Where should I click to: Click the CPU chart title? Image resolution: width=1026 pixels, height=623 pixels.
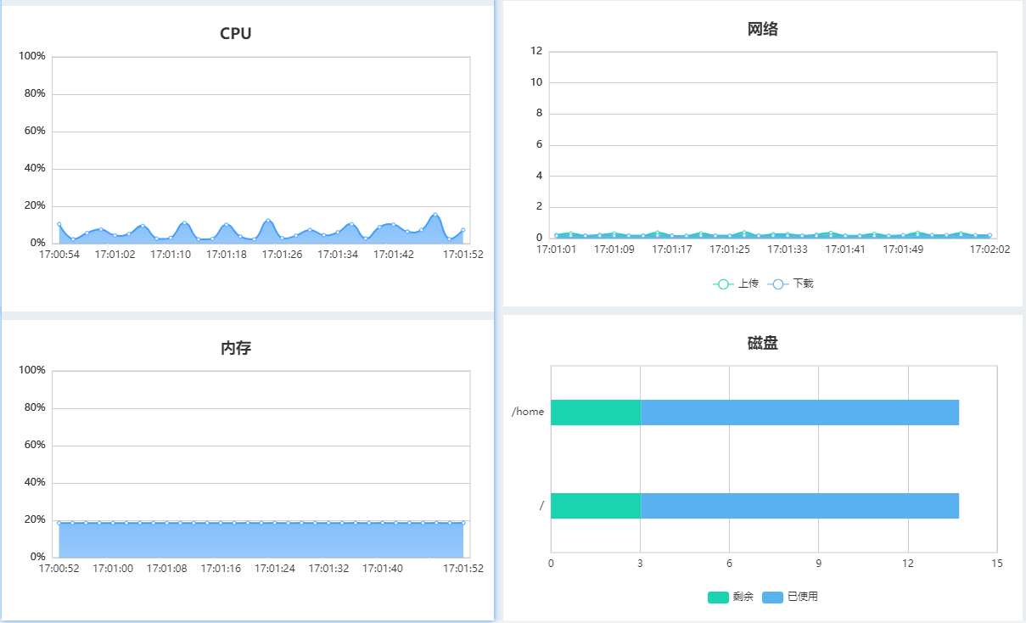(235, 34)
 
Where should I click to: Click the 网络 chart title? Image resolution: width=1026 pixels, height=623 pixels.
(762, 30)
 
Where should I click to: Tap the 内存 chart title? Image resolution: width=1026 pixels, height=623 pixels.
(235, 348)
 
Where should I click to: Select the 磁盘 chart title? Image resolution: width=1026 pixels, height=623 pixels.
(762, 344)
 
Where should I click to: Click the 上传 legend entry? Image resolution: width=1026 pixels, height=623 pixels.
(736, 283)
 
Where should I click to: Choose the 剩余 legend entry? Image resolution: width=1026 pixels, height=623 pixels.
(731, 597)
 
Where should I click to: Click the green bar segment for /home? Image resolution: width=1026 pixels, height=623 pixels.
(595, 413)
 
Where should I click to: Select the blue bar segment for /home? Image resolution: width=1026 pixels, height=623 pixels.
(799, 413)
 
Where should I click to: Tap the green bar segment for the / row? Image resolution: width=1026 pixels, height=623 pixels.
(595, 506)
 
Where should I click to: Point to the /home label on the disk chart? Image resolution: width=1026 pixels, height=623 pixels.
(528, 412)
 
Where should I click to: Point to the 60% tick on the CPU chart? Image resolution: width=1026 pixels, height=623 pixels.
(32, 132)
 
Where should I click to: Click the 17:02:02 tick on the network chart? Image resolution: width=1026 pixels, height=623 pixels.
(990, 250)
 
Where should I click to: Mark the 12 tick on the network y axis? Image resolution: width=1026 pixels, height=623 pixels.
(536, 51)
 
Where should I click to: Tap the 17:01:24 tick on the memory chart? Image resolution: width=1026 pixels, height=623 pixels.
(275, 569)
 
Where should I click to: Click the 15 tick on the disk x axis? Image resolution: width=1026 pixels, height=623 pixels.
(996, 564)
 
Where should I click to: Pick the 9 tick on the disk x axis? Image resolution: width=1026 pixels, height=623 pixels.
(818, 564)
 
